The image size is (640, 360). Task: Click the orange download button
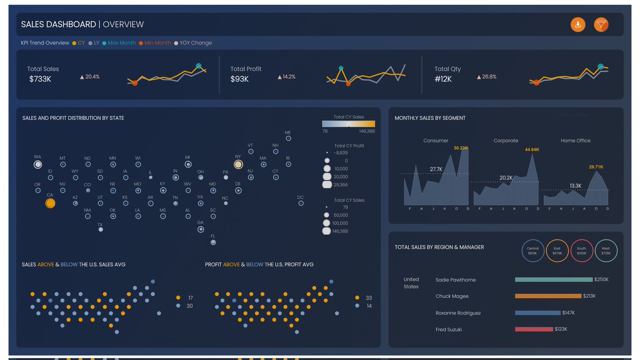[x=578, y=25]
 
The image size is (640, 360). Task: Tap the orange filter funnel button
[x=601, y=25]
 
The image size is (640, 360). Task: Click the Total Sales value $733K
[x=41, y=79]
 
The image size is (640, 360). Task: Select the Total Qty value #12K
[x=443, y=79]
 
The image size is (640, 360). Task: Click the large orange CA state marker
[x=50, y=203]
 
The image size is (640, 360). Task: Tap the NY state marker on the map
[x=238, y=164]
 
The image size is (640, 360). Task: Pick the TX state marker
[x=100, y=229]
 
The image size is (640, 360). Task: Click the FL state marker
[x=213, y=242]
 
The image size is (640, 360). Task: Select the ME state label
[x=288, y=132]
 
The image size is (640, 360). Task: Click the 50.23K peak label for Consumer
[x=461, y=148]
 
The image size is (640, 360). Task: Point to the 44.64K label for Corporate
[x=532, y=150]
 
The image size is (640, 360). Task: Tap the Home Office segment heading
[x=575, y=141]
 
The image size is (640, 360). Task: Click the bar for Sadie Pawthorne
[x=554, y=279]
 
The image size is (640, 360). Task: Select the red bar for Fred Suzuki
[x=533, y=330]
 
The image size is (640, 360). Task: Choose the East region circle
[x=557, y=251]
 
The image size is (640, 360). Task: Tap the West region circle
[x=606, y=251]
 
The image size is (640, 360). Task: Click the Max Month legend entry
[x=122, y=43]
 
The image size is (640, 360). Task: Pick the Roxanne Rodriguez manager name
[x=458, y=313]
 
